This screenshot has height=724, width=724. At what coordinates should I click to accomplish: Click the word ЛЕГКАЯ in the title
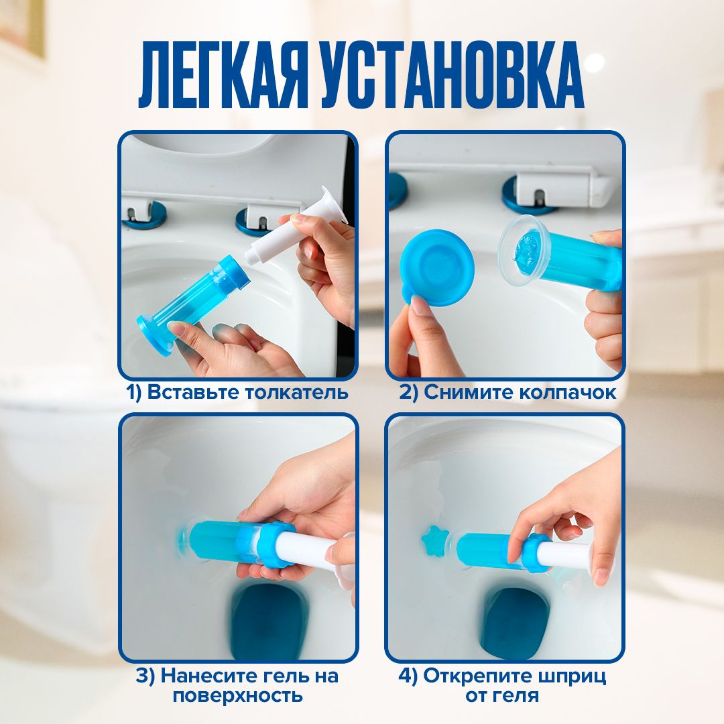[x=223, y=75]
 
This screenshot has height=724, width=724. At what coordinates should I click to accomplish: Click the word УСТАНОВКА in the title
[x=452, y=75]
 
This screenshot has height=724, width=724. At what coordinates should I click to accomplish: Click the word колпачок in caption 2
[x=568, y=392]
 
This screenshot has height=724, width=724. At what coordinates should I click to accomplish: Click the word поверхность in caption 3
[x=238, y=695]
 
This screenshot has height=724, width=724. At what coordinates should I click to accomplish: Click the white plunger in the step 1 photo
[x=296, y=227]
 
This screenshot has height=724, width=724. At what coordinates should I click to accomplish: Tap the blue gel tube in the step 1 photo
[x=194, y=305]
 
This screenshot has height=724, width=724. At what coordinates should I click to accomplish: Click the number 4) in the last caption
[x=408, y=676]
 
